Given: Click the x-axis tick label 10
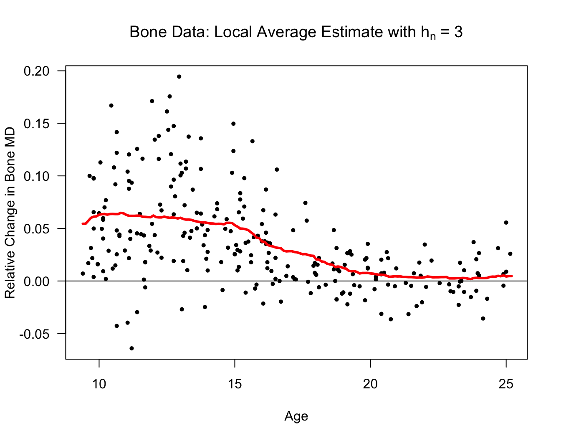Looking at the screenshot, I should pos(99,384).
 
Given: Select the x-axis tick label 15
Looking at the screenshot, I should pos(235,384).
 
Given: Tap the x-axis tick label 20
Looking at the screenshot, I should pos(370,384).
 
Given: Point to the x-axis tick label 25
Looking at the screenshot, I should pos(506,384).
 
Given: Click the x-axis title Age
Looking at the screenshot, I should pos(296,416).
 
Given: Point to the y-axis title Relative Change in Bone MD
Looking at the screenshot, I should pos(10,213).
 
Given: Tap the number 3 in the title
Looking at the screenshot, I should pos(458,32).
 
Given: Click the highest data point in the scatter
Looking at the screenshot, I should pos(179,76).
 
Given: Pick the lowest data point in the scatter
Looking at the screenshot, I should pos(131,348).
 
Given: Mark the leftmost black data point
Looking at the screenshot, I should pos(83,274).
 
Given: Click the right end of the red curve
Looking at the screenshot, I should pos(511,276).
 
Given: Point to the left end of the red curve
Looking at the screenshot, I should pos(83,224).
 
